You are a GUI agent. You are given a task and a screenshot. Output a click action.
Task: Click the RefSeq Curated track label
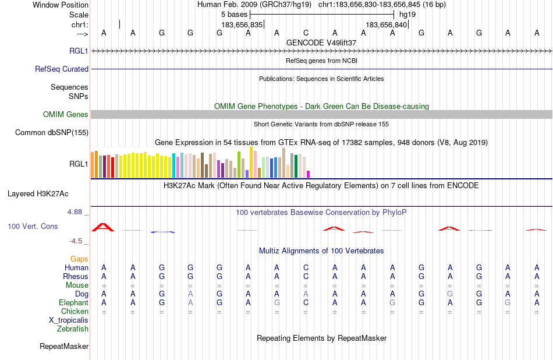pyautogui.click(x=62, y=69)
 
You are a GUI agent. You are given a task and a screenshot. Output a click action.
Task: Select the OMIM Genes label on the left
pyautogui.click(x=66, y=114)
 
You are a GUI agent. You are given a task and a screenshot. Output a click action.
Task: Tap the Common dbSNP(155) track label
pyautogui.click(x=52, y=132)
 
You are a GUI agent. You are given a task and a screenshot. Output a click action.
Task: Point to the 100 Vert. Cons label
pyautogui.click(x=33, y=226)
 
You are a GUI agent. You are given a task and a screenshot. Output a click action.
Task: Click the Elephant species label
pyautogui.click(x=73, y=303)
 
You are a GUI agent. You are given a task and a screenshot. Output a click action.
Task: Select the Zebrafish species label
pyautogui.click(x=73, y=329)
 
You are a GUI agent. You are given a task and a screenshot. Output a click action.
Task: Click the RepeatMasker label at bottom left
pyautogui.click(x=64, y=347)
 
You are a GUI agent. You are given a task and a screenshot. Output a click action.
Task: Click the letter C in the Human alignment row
pyautogui.click(x=306, y=267)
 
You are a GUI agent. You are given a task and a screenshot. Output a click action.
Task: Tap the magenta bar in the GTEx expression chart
pyautogui.click(x=308, y=174)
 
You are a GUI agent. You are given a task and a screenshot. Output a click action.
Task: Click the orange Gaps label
pyautogui.click(x=79, y=259)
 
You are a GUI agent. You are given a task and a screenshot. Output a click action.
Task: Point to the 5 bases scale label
pyautogui.click(x=235, y=13)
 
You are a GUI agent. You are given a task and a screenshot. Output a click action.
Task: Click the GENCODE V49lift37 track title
pyautogui.click(x=321, y=43)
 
